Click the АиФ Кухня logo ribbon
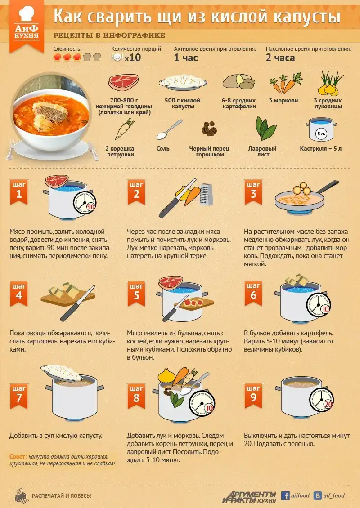pyautogui.click(x=26, y=26)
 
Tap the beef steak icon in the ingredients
pyautogui.click(x=124, y=82)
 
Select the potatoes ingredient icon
pyautogui.click(x=238, y=82)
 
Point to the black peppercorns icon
pyautogui.click(x=209, y=129)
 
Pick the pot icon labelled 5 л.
pyautogui.click(x=321, y=129)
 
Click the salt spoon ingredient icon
pyautogui.click(x=169, y=129)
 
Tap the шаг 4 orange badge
pyautogui.click(x=19, y=294)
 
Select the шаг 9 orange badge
pyautogui.click(x=253, y=396)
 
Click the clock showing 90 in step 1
pyautogui.click(x=85, y=203)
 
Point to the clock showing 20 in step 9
pyautogui.click(x=321, y=400)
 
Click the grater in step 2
pyautogui.click(x=206, y=194)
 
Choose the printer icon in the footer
pyautogui.click(x=22, y=495)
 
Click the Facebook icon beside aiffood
pyautogui.click(x=285, y=496)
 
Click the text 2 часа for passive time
pyautogui.click(x=280, y=58)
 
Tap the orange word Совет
pyautogui.click(x=18, y=456)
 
